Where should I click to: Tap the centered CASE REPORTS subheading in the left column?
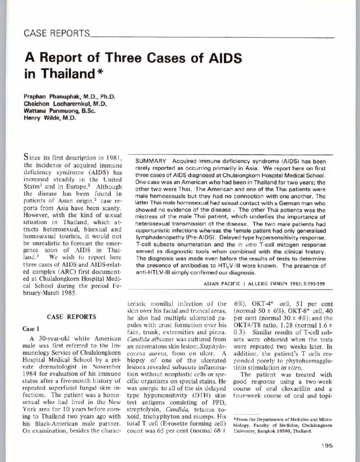click(x=67, y=317)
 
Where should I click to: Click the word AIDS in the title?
click(x=220, y=59)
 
